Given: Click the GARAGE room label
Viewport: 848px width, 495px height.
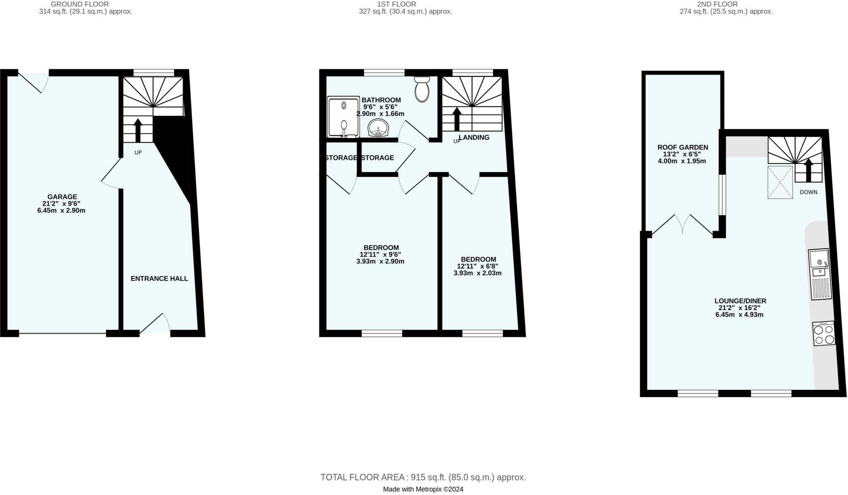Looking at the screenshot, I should (x=62, y=197).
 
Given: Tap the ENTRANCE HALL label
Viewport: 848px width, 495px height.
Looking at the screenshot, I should (x=159, y=279).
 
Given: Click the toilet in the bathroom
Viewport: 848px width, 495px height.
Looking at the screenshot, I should (x=422, y=89).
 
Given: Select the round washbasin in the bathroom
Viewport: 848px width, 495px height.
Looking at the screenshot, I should (x=378, y=127).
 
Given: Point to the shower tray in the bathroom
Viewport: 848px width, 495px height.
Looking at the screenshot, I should (x=343, y=117).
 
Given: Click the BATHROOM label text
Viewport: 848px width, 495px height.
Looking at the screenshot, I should (x=381, y=100).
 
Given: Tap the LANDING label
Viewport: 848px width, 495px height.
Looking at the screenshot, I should (x=475, y=137).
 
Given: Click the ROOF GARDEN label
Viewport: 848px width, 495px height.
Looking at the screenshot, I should (x=682, y=147).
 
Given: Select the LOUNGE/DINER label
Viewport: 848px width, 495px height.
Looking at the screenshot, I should (x=740, y=301).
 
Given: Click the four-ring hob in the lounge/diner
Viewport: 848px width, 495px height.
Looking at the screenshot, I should (x=824, y=334).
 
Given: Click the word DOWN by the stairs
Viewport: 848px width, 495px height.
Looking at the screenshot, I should (x=808, y=192).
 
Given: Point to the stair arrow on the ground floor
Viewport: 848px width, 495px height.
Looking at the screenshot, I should (x=138, y=130).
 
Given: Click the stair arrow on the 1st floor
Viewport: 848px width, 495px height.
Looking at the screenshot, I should (x=457, y=119).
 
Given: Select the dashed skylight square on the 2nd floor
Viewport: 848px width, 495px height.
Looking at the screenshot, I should (x=780, y=182).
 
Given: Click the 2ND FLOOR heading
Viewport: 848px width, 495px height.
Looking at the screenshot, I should (x=726, y=4).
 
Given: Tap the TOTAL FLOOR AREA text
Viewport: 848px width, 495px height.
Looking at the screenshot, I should (x=423, y=477).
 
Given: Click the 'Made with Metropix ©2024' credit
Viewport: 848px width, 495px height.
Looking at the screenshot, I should (x=423, y=489).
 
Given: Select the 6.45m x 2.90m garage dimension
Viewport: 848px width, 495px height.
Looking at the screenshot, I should (x=61, y=211).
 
